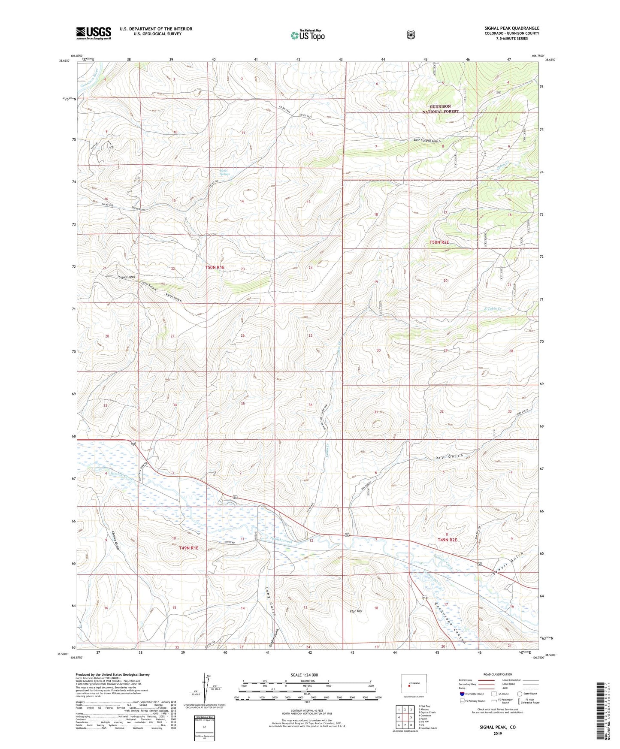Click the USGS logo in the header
(94, 33)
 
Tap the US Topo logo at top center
(307, 35)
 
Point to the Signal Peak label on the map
(127, 277)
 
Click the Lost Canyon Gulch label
(427, 141)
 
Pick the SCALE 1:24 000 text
(304, 675)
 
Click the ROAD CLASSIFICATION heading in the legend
(498, 675)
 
